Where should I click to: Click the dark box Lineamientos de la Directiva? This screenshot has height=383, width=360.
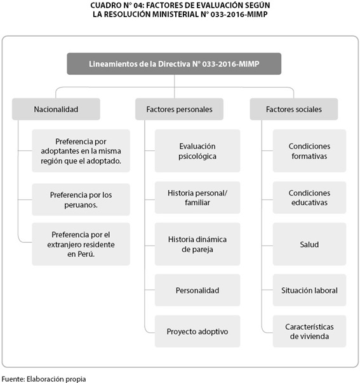pyautogui.click(x=174, y=64)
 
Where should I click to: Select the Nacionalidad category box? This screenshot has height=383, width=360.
pyautogui.click(x=56, y=109)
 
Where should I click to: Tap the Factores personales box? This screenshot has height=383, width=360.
pyautogui.click(x=179, y=109)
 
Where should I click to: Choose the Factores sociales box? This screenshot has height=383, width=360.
pyautogui.click(x=294, y=109)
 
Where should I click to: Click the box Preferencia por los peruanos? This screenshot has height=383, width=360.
pyautogui.click(x=81, y=200)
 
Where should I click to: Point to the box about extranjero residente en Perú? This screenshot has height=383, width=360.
pyautogui.click(x=81, y=244)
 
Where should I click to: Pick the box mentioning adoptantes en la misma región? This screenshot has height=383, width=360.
pyautogui.click(x=81, y=151)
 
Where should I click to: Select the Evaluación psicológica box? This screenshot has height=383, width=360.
pyautogui.click(x=197, y=151)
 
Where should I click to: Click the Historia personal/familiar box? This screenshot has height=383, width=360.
pyautogui.click(x=197, y=198)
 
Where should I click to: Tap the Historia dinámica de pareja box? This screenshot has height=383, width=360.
pyautogui.click(x=197, y=244)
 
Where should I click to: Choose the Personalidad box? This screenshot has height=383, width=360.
pyautogui.click(x=197, y=290)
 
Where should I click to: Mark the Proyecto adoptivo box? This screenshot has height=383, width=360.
pyautogui.click(x=197, y=331)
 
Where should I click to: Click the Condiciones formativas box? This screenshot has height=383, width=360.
pyautogui.click(x=309, y=151)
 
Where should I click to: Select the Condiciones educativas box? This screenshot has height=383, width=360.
pyautogui.click(x=309, y=198)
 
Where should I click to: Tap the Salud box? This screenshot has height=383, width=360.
pyautogui.click(x=309, y=244)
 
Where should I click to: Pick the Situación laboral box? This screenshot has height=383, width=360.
pyautogui.click(x=309, y=290)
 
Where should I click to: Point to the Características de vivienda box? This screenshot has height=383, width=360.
pyautogui.click(x=309, y=331)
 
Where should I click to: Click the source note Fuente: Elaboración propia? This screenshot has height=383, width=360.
pyautogui.click(x=44, y=379)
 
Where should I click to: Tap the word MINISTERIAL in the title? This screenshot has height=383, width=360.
pyautogui.click(x=175, y=14)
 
